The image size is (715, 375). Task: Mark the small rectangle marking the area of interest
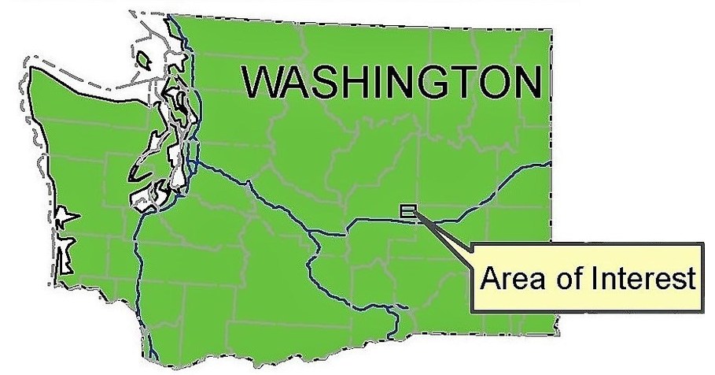[408, 210]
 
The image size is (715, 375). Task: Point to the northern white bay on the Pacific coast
[62, 217]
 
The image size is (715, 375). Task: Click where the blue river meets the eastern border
[548, 164]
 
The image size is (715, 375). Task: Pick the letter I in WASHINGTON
[381, 84]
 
